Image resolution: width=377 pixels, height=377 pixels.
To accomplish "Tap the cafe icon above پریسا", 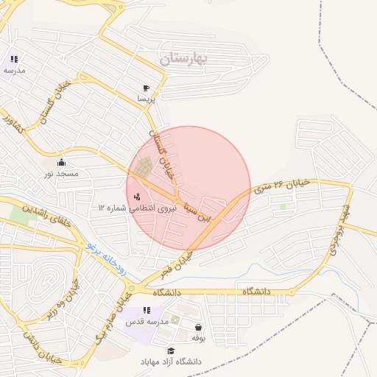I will click(x=146, y=87).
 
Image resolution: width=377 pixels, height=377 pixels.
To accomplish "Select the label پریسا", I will click(x=146, y=98).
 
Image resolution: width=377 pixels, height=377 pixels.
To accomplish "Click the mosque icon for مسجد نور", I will click(x=61, y=162).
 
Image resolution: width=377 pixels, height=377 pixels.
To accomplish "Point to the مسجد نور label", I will click(x=61, y=174).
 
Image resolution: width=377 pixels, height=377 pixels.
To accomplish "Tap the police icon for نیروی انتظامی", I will click(x=138, y=196).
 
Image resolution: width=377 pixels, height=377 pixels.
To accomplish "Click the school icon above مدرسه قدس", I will click(x=147, y=311).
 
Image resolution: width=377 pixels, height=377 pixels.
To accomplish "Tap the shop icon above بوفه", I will click(x=197, y=327).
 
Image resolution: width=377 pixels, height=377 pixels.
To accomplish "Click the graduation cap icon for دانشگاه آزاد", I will click(x=171, y=351).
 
